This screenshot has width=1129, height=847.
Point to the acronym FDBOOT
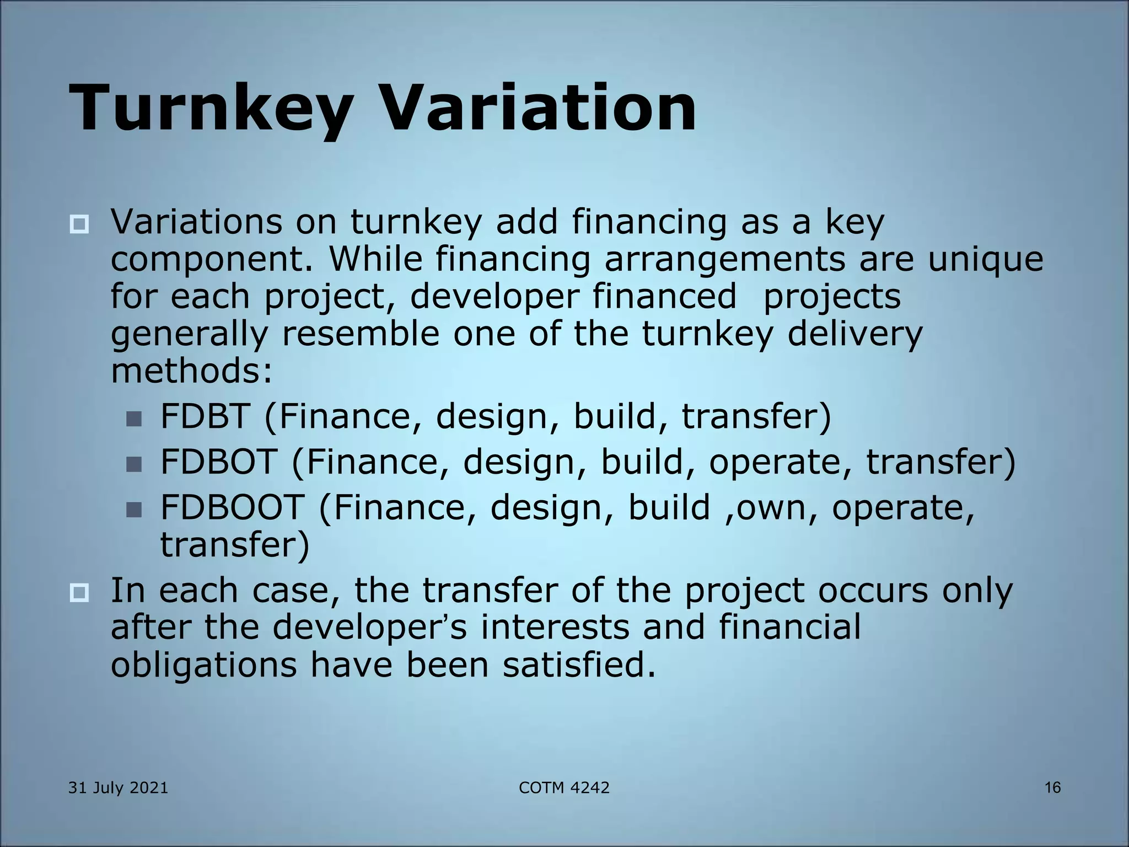pyautogui.click(x=232, y=507)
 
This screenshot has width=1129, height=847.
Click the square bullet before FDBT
pyautogui.click(x=133, y=419)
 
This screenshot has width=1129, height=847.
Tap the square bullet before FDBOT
pyautogui.click(x=133, y=465)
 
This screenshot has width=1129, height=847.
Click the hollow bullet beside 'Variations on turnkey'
pyautogui.click(x=79, y=224)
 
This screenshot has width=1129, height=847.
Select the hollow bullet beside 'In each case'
pyautogui.click(x=79, y=593)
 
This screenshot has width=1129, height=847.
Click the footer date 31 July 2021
pyautogui.click(x=118, y=787)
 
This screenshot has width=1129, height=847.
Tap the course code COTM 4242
pyautogui.click(x=564, y=787)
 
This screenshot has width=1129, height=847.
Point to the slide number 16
pyautogui.click(x=1052, y=787)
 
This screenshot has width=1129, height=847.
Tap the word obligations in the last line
pyautogui.click(x=203, y=666)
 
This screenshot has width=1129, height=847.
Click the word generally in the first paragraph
pyautogui.click(x=189, y=335)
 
